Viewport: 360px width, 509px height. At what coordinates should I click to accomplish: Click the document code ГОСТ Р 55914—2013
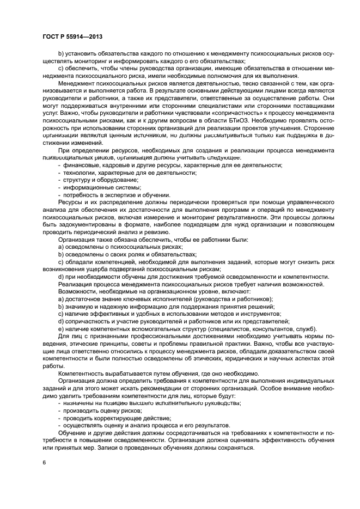pos(72,36)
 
